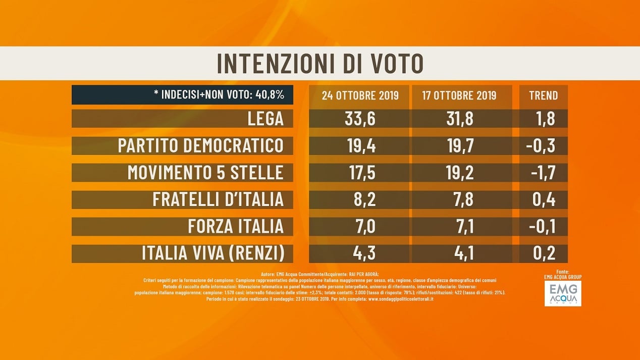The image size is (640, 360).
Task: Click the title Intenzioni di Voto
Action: [x=319, y=64]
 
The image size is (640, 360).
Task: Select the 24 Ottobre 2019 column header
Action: [x=360, y=95]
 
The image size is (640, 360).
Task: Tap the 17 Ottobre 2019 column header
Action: [x=458, y=95]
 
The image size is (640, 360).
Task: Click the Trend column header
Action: [x=543, y=95]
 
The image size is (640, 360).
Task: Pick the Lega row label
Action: [x=265, y=119]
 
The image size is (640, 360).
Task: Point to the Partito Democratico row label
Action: [x=200, y=146]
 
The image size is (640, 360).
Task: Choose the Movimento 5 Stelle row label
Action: [x=205, y=173]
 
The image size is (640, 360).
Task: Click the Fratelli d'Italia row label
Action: [x=218, y=199]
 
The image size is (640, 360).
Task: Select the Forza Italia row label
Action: [x=236, y=226]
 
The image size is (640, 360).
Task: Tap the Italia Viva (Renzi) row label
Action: [x=212, y=253]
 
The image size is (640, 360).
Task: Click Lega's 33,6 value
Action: [x=360, y=119]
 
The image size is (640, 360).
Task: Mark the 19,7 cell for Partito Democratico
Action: [x=458, y=146]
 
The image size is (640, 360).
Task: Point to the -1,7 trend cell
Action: [x=543, y=173]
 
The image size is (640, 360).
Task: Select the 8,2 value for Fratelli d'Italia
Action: [x=360, y=199]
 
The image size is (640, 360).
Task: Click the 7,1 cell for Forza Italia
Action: [x=458, y=226]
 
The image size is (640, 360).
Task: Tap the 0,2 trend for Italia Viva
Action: [x=543, y=253]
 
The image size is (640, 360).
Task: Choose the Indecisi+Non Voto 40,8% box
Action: [x=182, y=95]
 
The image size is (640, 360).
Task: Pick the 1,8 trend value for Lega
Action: [x=543, y=119]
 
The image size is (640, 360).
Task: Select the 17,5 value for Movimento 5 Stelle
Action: [x=360, y=173]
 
